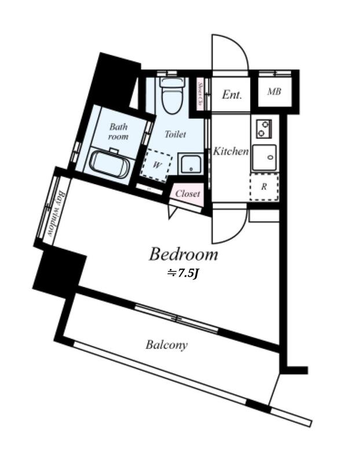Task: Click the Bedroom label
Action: (183, 254)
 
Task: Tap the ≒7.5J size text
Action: (183, 273)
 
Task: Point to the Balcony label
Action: (166, 346)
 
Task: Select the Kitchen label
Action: (231, 152)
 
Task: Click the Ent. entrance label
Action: (232, 95)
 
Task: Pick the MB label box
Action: (274, 92)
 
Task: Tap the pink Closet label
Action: (188, 194)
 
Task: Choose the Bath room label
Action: (119, 131)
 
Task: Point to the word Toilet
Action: (175, 134)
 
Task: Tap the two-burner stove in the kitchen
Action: (264, 128)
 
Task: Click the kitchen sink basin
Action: (264, 157)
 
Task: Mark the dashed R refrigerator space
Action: (264, 186)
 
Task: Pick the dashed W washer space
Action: (157, 165)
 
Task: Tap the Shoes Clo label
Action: (200, 95)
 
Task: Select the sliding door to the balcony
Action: (177, 318)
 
